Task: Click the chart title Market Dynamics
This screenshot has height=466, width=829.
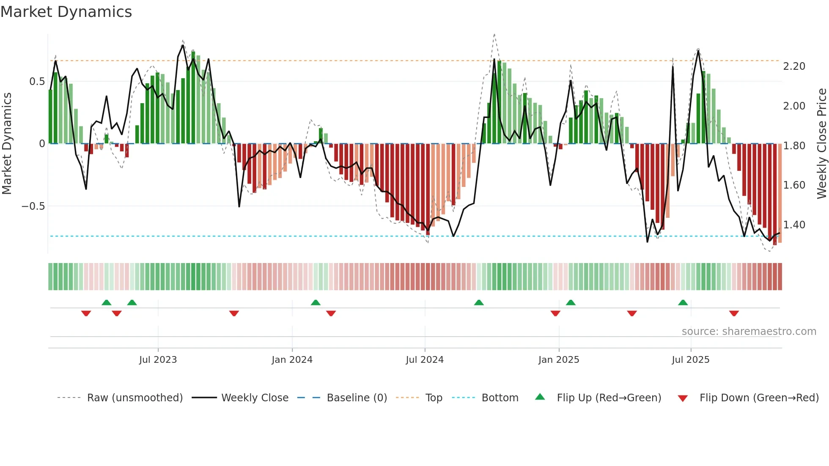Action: pos(66,12)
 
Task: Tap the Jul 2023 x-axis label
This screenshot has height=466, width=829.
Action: pos(158,360)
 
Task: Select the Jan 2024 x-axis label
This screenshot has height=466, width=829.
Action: pos(292,360)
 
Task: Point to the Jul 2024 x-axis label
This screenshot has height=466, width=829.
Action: pos(425,360)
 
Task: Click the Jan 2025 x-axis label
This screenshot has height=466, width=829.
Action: pos(559,360)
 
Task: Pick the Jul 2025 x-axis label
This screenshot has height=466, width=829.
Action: pos(691,360)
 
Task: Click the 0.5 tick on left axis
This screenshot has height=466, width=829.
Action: pos(37,81)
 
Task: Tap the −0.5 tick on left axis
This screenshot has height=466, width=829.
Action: pos(33,206)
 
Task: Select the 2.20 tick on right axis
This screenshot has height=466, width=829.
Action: pos(794,66)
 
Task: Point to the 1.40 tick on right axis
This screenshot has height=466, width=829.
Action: pos(794,225)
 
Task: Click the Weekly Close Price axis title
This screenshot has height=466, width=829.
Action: pos(821,144)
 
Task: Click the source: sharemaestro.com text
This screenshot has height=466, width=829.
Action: pos(749,332)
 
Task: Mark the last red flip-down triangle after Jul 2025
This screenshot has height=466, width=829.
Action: pos(734,313)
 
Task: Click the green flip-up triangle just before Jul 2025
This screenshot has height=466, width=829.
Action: pos(683,302)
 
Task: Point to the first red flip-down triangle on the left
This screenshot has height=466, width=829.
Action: pos(86,313)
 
